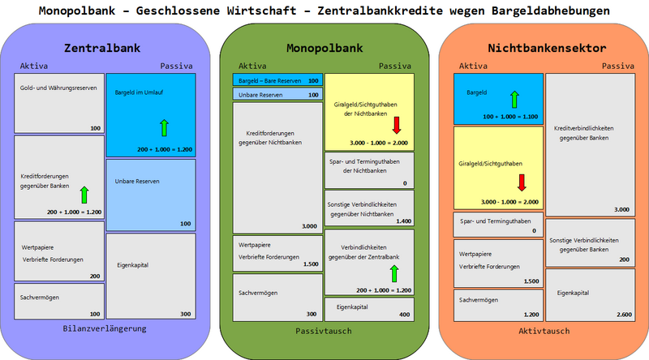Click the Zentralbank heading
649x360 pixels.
(107, 48)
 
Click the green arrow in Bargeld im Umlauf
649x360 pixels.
(164, 126)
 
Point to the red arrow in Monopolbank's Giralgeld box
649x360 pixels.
(397, 124)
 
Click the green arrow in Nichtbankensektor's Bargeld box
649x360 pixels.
(513, 99)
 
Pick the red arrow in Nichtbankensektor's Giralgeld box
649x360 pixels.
(521, 181)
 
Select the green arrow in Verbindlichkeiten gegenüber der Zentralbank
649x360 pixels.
(394, 273)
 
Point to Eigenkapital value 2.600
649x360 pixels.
(621, 314)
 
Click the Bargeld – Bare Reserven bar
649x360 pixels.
(277, 80)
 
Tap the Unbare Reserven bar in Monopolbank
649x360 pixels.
(277, 95)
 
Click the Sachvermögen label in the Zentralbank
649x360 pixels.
(40, 297)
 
